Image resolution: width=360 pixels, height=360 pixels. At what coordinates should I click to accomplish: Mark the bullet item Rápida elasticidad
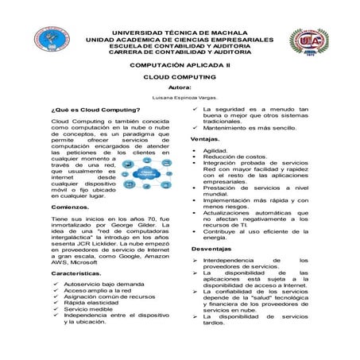click(96, 303)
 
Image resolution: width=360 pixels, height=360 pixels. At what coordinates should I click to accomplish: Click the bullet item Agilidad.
click(216, 150)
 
